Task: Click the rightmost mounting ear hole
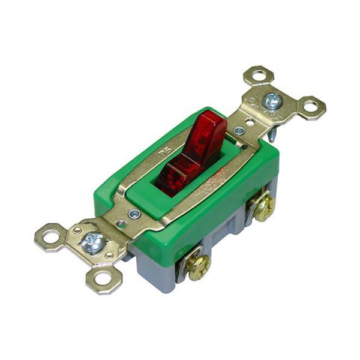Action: pos(311,107)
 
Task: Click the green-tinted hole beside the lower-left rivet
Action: pos(122,224)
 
